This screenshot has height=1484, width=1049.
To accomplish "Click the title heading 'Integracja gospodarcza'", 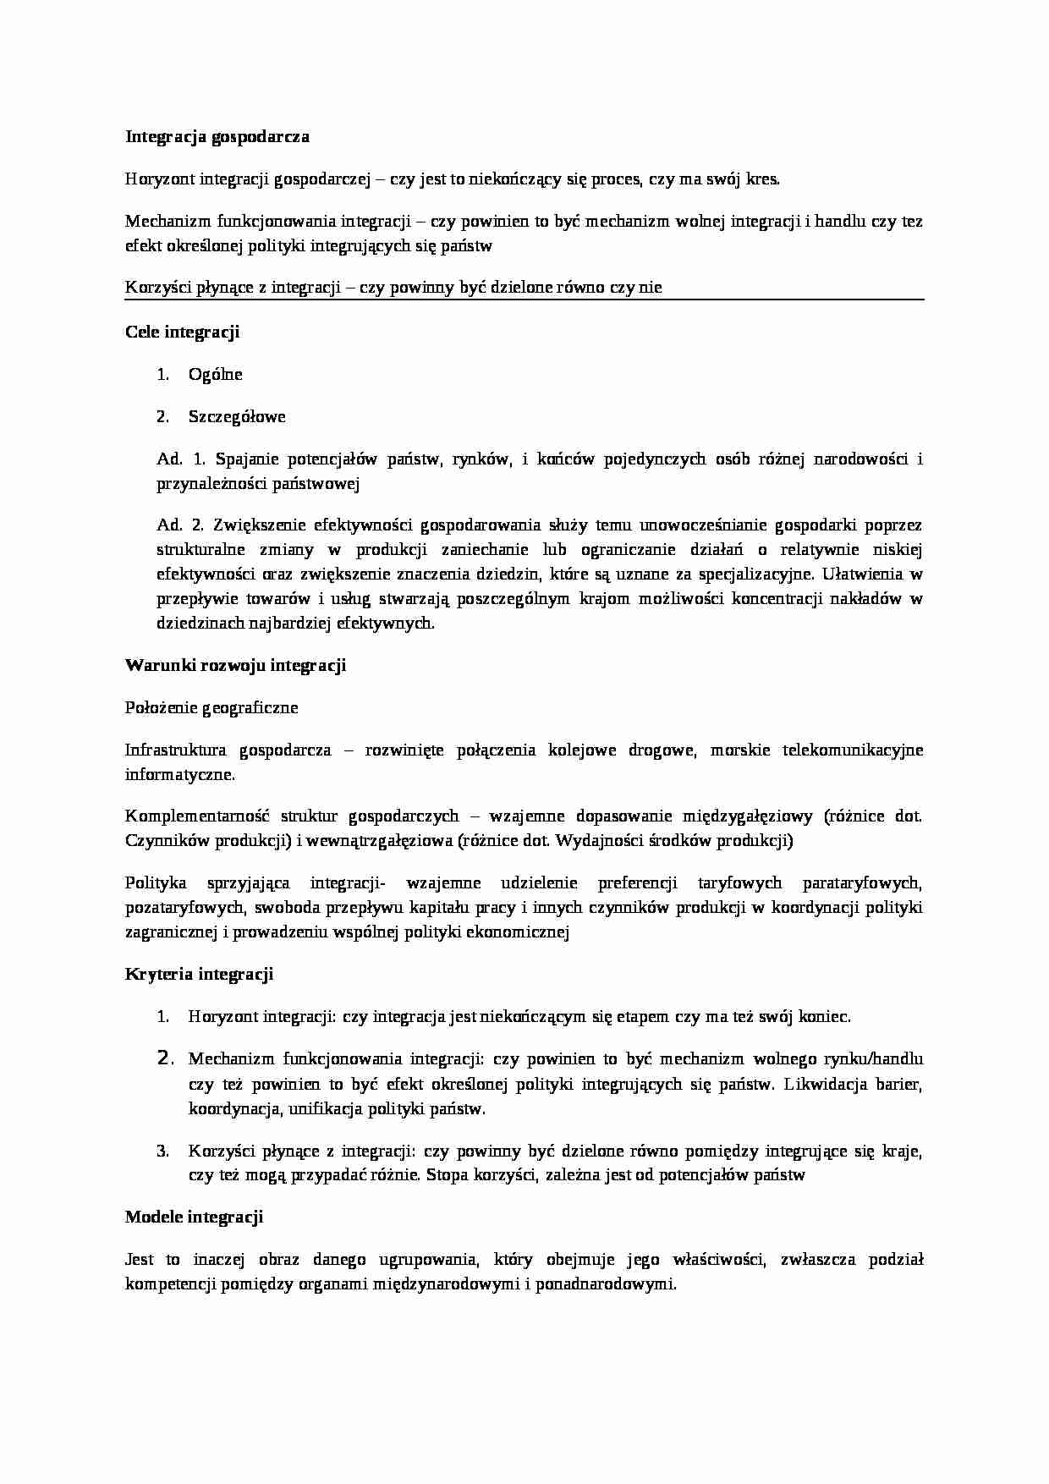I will (x=217, y=136).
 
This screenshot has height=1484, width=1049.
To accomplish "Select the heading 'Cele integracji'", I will (x=182, y=332).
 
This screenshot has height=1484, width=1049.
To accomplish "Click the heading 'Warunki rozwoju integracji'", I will (x=235, y=665).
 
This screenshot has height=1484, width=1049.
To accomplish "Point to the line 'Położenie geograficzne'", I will (x=211, y=707).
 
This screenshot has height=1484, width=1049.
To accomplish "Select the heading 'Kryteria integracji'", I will (x=199, y=974).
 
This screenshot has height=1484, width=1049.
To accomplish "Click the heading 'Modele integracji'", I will (x=194, y=1217).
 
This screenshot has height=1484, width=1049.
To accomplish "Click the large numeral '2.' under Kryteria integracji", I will (x=165, y=1058).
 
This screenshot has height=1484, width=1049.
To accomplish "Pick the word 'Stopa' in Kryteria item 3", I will (x=448, y=1175).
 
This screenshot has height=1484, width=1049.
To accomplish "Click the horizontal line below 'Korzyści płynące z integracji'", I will (x=524, y=299).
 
